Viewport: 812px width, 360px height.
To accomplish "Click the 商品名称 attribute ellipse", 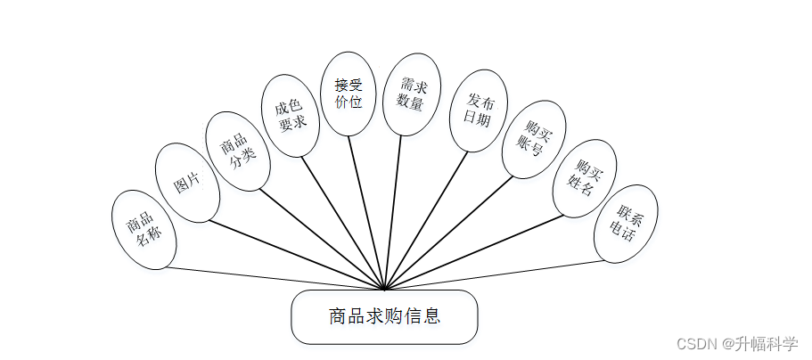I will coord(144,230).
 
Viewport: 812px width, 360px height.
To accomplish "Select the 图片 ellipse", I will coord(187,182).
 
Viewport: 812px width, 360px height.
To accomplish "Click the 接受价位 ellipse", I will coord(348,93).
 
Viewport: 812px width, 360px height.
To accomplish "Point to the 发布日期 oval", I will coord(478,110).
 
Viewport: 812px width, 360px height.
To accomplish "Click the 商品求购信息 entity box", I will coord(384,316).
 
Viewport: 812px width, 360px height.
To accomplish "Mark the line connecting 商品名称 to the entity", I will coord(267,277).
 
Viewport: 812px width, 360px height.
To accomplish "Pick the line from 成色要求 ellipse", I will coord(343,224).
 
